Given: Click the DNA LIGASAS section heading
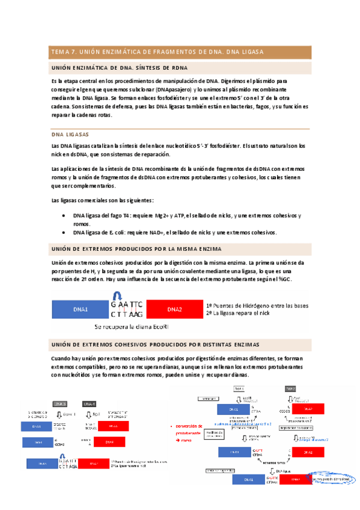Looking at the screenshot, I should click(x=70, y=135).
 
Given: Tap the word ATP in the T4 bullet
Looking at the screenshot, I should click(x=178, y=215).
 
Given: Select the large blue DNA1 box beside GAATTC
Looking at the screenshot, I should click(x=81, y=310).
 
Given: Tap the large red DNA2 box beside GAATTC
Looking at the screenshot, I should click(x=175, y=310).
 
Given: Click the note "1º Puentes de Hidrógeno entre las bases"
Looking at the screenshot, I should click(x=257, y=306).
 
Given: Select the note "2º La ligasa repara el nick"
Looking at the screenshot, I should click(x=241, y=313).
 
